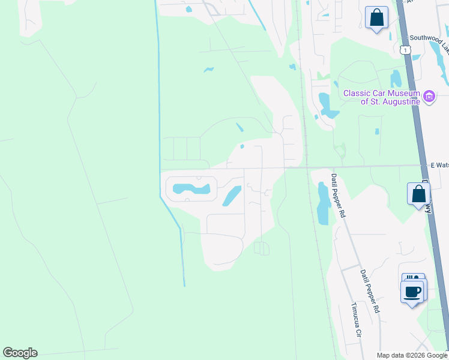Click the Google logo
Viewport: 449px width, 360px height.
pos(20,353)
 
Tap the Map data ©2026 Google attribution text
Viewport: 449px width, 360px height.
pos(412,355)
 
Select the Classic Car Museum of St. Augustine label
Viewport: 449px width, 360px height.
pos(381,97)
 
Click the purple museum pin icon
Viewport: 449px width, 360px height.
pos(429,97)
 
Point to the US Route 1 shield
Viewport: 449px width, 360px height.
pos(406,50)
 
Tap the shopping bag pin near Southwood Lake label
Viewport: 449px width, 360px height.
pos(376,18)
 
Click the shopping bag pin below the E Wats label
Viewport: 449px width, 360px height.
pos(418,194)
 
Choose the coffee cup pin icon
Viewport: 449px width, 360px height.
pos(412,293)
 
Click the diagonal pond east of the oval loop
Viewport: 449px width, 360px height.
pos(232,196)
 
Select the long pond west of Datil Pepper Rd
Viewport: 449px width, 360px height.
pos(323,203)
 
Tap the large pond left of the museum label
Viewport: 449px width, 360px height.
pos(328,106)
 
